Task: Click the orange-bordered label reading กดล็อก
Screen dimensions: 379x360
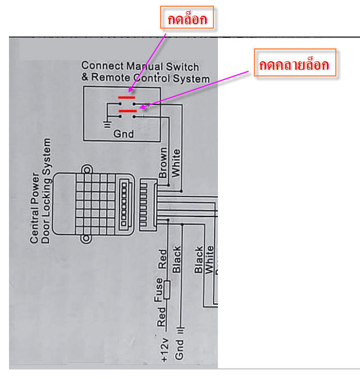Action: point(188,21)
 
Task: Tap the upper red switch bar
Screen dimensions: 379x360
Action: point(126,97)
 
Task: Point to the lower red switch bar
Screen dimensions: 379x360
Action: point(127,111)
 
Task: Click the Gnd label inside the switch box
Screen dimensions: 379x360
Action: point(123,134)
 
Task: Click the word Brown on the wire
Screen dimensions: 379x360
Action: point(163,163)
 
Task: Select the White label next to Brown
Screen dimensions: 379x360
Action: point(177,163)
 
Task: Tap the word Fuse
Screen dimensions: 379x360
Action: point(159,289)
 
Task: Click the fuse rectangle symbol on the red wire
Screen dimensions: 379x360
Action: point(167,289)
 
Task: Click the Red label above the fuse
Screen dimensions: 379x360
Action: point(163,259)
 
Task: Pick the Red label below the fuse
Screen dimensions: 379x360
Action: point(162,317)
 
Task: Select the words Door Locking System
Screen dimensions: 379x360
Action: point(47,191)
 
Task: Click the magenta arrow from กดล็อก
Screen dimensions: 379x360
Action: point(148,61)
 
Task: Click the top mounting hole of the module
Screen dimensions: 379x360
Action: point(86,169)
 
